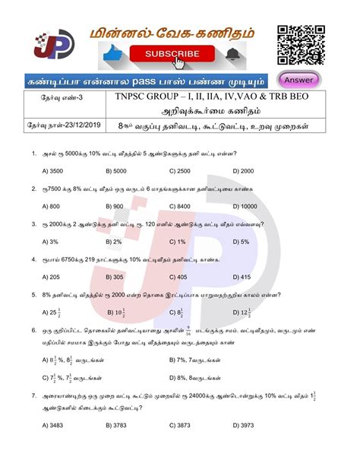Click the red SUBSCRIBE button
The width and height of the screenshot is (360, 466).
tap(168, 54)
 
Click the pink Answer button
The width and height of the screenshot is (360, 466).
tap(301, 78)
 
